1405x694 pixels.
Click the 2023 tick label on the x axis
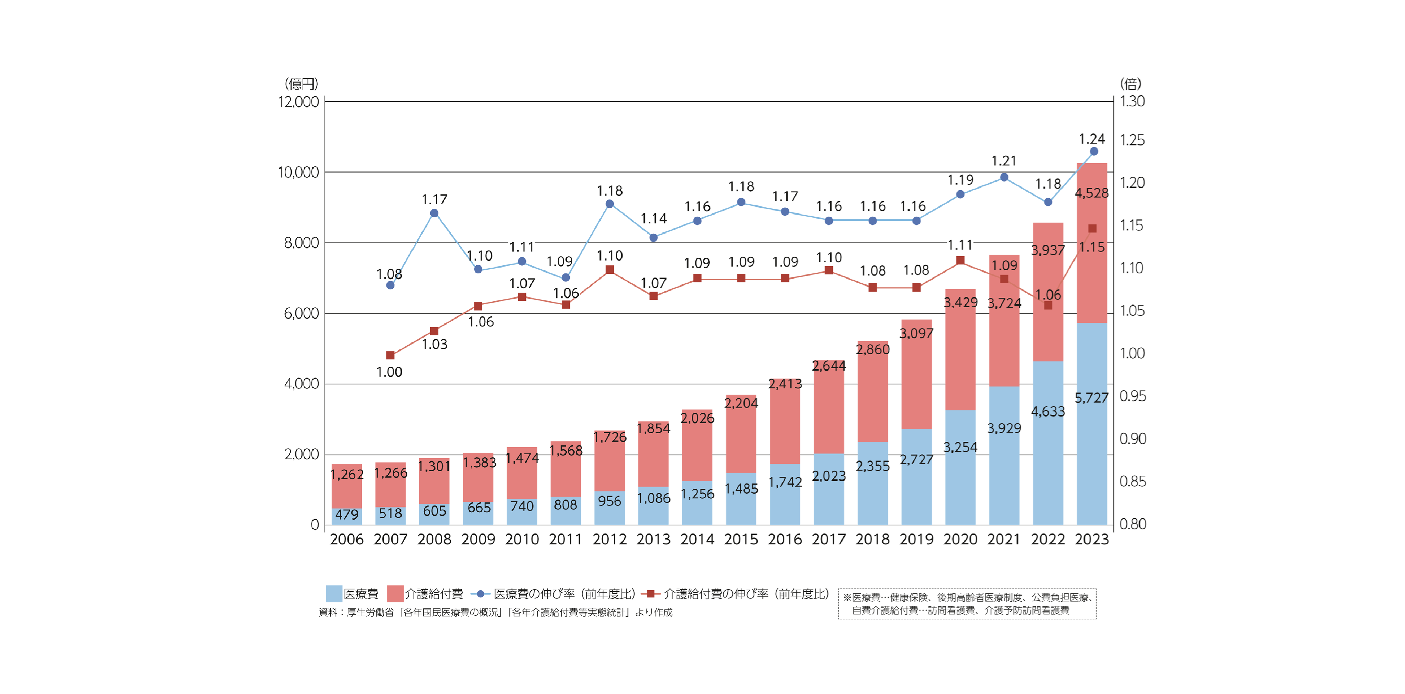tap(1091, 539)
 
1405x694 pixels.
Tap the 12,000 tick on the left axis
tap(298, 102)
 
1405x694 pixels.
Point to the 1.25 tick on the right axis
tap(1132, 140)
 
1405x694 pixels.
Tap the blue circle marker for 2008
tap(434, 213)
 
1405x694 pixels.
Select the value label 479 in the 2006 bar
tap(347, 515)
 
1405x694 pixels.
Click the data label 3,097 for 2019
tap(916, 333)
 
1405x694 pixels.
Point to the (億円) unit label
tap(301, 83)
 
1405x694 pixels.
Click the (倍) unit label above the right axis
tap(1131, 83)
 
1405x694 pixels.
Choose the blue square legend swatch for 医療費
tap(334, 594)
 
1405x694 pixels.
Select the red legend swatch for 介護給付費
tap(395, 594)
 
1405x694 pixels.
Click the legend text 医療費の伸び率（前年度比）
tap(564, 594)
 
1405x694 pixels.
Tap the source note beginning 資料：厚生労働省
tap(495, 612)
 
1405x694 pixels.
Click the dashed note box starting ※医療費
tap(967, 604)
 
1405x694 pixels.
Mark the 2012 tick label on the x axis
tap(609, 539)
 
